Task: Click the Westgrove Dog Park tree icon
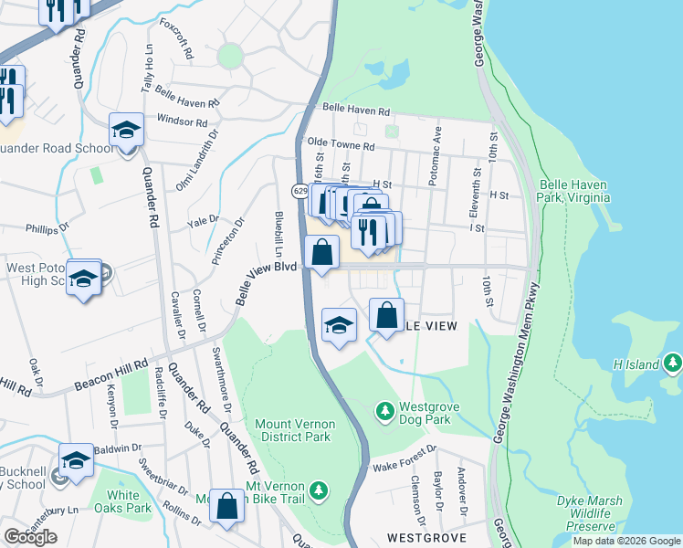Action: pyautogui.click(x=385, y=414)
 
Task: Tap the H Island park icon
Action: pyautogui.click(x=673, y=364)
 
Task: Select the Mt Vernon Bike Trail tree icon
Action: pyautogui.click(x=319, y=491)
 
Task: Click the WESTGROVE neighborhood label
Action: pyautogui.click(x=421, y=538)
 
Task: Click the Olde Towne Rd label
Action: pyautogui.click(x=341, y=145)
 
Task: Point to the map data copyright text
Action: pyautogui.click(x=626, y=541)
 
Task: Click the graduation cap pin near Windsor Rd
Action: pyautogui.click(x=126, y=131)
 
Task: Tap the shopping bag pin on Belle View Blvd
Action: pyautogui.click(x=321, y=253)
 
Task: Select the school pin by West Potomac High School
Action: pyautogui.click(x=83, y=278)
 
